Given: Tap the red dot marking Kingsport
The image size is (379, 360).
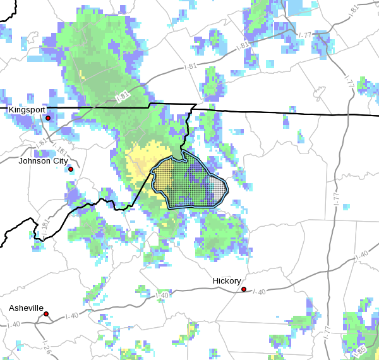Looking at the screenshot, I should click(x=48, y=118).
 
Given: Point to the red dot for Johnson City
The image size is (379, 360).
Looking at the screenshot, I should click(x=71, y=169).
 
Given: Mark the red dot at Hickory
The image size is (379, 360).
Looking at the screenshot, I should click(x=244, y=289).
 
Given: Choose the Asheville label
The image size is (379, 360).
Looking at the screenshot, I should click(x=26, y=308).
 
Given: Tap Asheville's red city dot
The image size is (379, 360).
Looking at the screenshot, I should click(x=46, y=314).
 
